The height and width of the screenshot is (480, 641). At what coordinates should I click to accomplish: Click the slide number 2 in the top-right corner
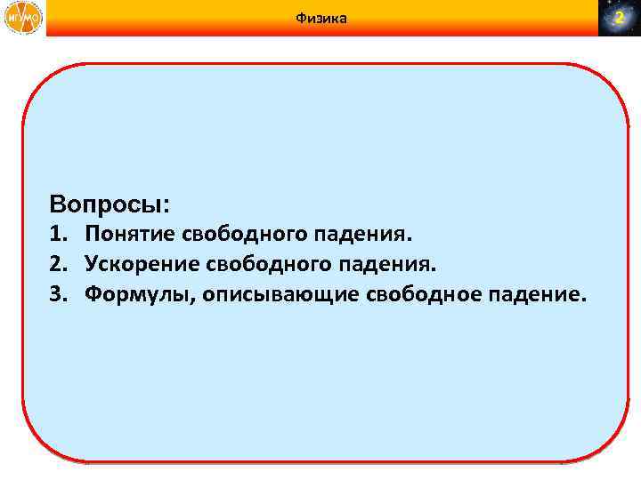(619, 19)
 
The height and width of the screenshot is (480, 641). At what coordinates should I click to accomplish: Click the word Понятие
(131, 236)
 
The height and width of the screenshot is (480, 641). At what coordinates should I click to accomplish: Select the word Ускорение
(142, 264)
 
